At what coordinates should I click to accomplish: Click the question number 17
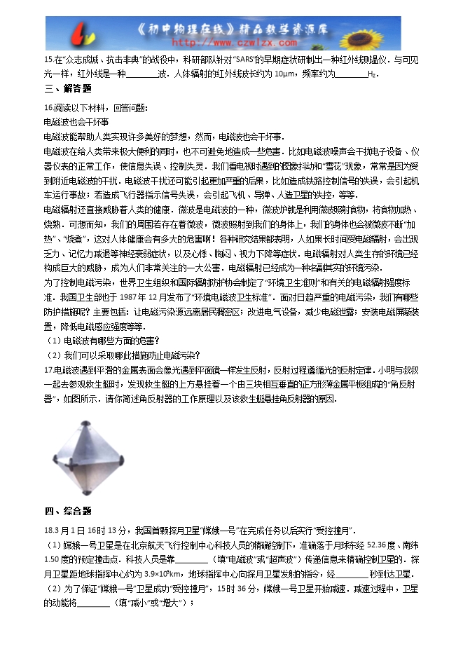coord(48,369)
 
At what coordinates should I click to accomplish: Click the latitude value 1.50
coord(51,559)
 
